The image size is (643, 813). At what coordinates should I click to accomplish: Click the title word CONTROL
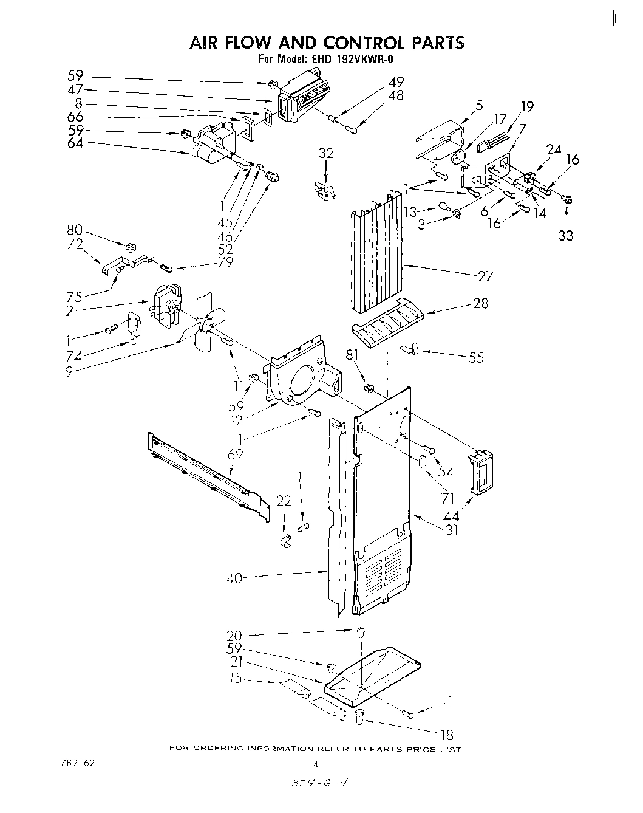[363, 43]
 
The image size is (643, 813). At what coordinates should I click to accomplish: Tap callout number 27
[486, 276]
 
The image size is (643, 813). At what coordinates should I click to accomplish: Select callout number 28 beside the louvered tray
[480, 303]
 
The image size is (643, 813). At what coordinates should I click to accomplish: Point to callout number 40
[234, 578]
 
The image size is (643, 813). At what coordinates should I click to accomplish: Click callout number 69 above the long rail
[235, 453]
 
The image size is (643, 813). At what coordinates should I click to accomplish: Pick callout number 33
[565, 235]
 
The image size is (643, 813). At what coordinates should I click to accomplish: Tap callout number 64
[75, 143]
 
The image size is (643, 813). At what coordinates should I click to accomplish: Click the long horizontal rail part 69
[206, 471]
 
